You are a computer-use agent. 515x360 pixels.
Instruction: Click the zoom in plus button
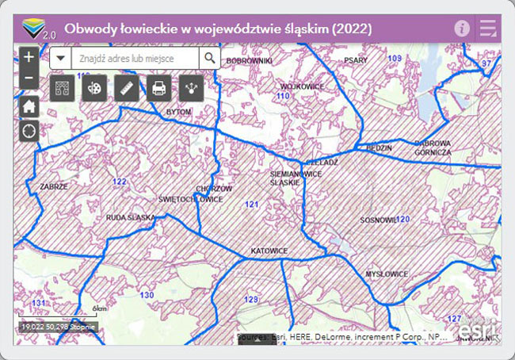(29, 57)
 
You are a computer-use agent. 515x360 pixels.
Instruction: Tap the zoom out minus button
(29, 78)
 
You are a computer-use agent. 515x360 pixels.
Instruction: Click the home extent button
(29, 107)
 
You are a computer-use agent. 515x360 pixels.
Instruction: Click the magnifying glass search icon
(209, 58)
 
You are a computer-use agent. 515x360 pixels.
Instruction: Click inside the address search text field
(135, 58)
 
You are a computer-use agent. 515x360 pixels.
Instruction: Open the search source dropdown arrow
(61, 58)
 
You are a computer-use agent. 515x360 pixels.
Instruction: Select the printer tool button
(158, 87)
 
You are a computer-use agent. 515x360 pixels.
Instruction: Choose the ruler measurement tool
(126, 87)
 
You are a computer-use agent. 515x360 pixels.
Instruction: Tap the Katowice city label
(269, 251)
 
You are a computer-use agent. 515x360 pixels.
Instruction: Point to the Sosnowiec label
(378, 220)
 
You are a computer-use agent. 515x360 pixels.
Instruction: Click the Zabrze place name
(54, 186)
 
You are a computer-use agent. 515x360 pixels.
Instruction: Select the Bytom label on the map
(179, 113)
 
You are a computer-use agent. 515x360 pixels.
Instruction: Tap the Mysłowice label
(387, 274)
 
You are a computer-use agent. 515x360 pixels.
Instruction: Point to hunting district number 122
(120, 182)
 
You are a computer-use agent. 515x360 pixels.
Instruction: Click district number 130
(147, 295)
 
